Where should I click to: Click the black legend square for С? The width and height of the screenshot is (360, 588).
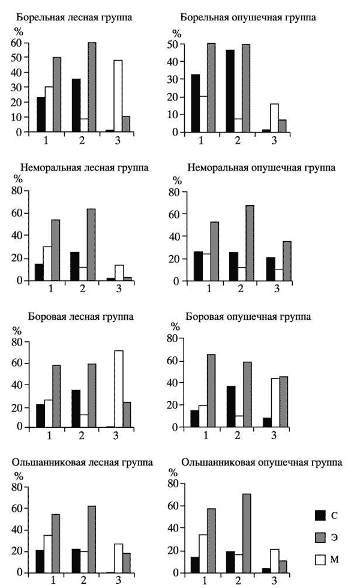tap(320, 515)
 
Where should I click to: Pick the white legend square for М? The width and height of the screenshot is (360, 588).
tap(320, 560)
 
